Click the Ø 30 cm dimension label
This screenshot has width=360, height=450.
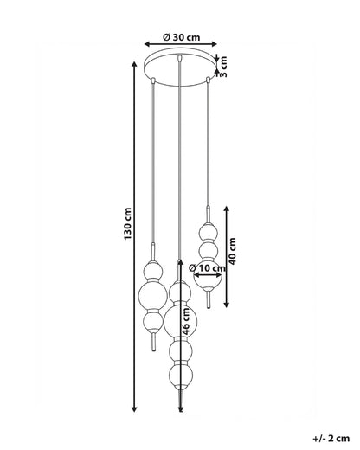(x=181, y=37)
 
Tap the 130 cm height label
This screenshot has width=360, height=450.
(x=127, y=223)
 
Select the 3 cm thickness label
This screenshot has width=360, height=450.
(x=223, y=67)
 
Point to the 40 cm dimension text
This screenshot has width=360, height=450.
(x=232, y=251)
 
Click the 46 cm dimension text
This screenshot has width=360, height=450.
(x=186, y=321)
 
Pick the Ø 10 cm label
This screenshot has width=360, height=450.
(x=207, y=268)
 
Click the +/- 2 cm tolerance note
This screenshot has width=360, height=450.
(x=331, y=439)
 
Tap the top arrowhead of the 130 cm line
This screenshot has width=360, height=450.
(x=134, y=64)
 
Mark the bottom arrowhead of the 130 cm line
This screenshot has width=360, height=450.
(x=134, y=409)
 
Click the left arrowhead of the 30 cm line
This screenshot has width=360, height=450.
(x=147, y=44)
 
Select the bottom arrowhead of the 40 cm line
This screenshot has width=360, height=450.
(x=227, y=305)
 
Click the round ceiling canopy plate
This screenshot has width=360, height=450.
(x=181, y=69)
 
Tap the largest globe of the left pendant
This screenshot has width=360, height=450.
(x=153, y=296)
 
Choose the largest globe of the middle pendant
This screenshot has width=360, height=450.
(x=181, y=322)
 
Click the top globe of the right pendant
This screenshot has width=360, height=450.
(x=208, y=231)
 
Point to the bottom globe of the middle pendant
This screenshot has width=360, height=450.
(x=181, y=376)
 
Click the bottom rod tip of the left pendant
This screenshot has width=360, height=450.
(x=154, y=350)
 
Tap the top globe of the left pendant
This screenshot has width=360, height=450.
(x=153, y=270)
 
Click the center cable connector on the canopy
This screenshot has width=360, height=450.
(x=180, y=58)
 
